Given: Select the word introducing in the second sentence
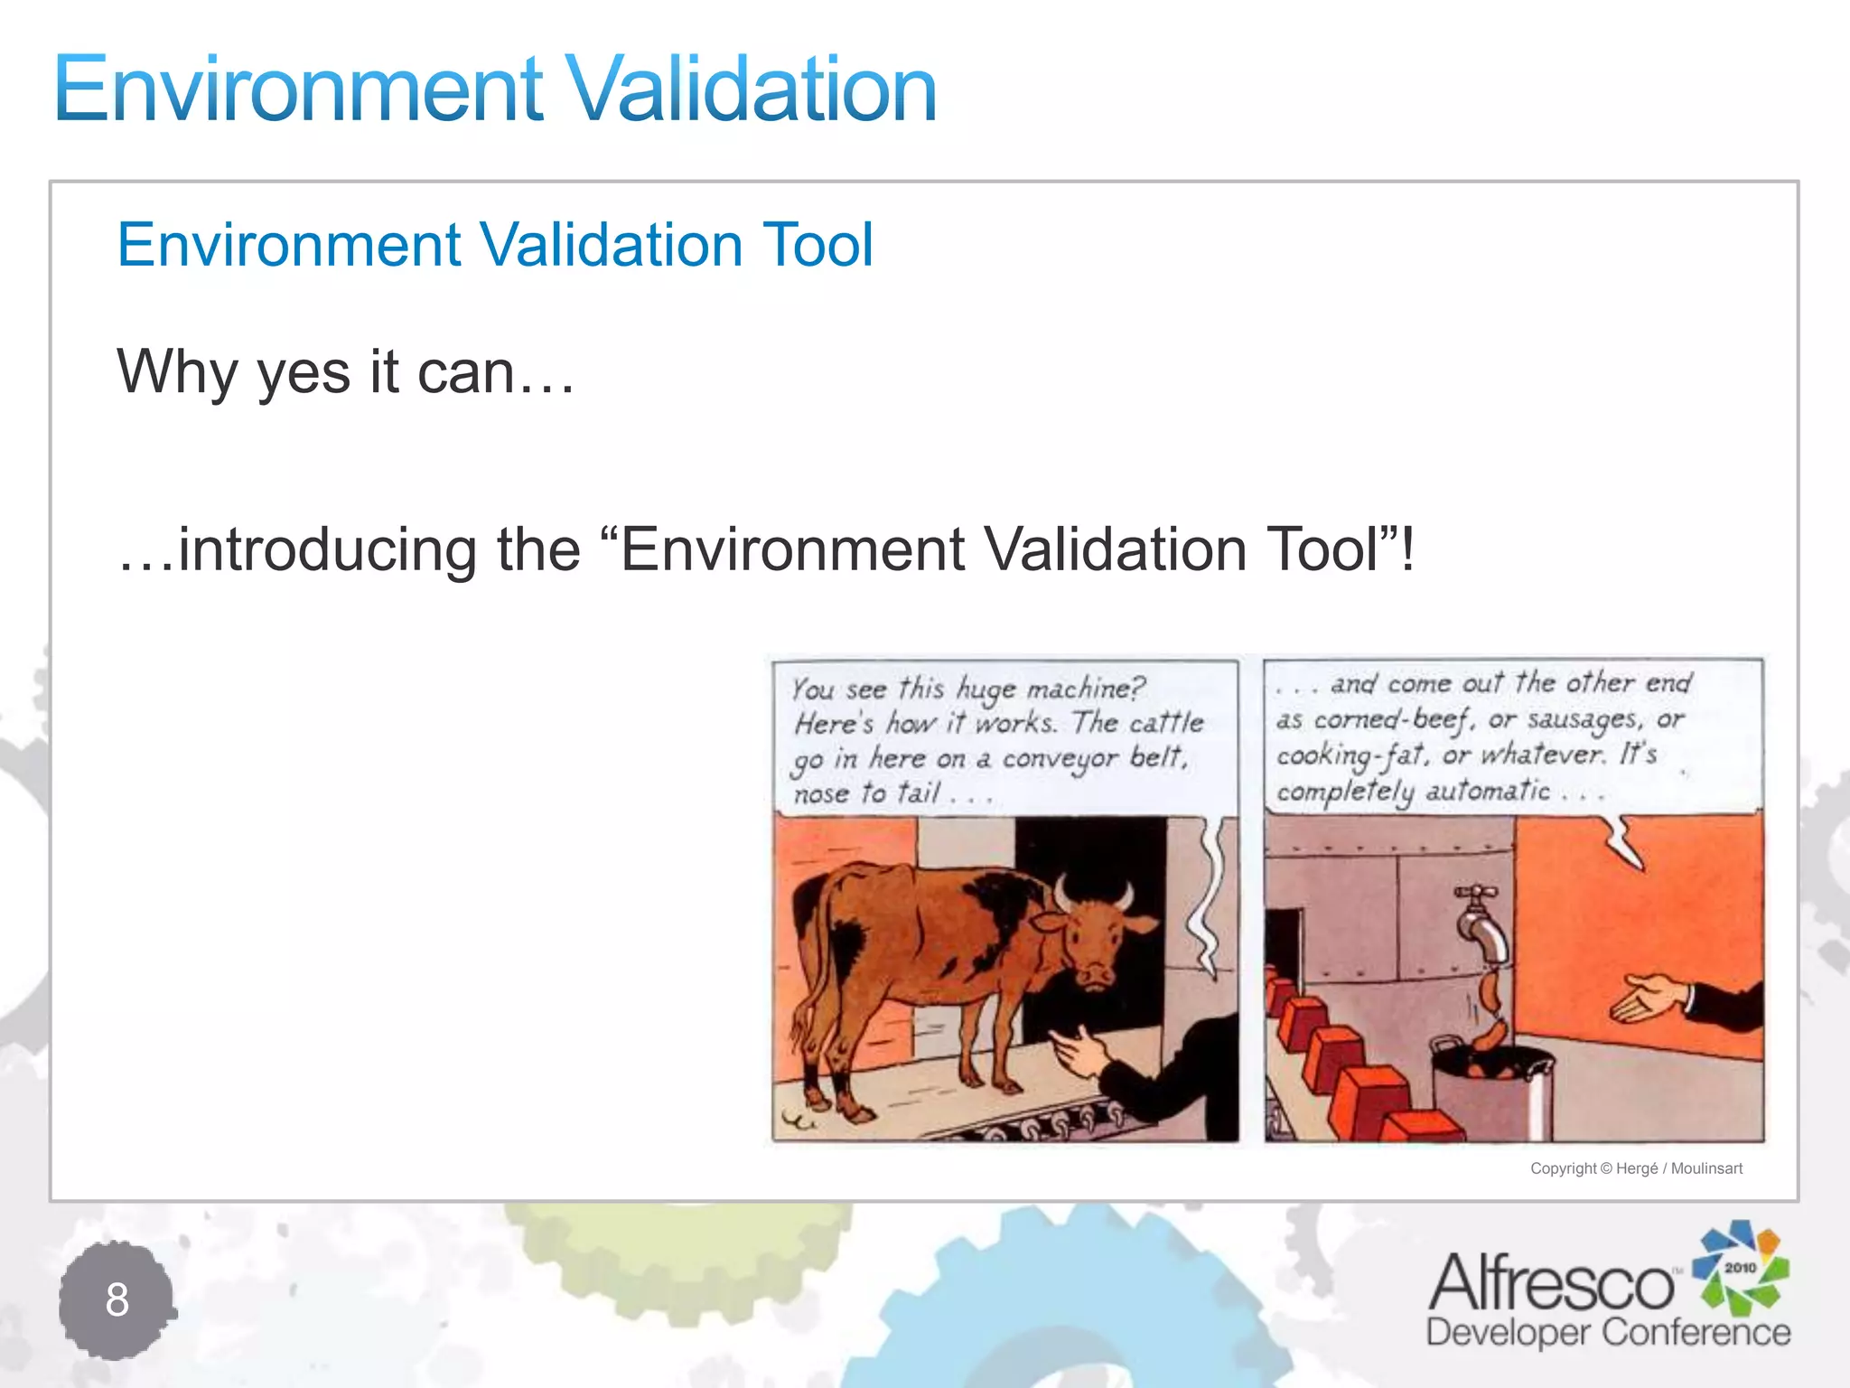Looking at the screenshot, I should (326, 549).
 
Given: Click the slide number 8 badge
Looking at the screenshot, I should (117, 1300).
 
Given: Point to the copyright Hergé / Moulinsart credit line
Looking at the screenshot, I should (1636, 1168).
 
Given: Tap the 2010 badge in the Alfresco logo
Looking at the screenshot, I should (1740, 1268).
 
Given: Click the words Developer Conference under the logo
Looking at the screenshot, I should (1608, 1333).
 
